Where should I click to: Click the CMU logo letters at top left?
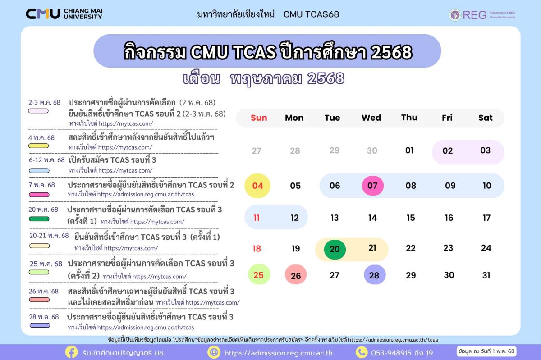coord(43,14)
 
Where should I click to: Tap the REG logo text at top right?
coord(475,15)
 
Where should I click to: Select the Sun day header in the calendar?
coord(259,118)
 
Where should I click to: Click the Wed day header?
coord(371,118)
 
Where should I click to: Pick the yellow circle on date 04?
coord(257,186)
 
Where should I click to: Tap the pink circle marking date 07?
coord(373,186)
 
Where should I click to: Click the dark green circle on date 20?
coord(335,249)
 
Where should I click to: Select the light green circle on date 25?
coord(259,274)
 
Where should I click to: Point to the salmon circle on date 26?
coord(296,275)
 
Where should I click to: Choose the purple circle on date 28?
coord(375,275)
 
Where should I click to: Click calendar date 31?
coord(486,275)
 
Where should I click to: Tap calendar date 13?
coord(335,218)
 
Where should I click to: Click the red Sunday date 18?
coord(257,248)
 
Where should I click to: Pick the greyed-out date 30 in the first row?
coord(372,150)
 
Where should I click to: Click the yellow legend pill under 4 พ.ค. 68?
coord(39,146)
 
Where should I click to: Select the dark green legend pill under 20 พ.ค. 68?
coord(39,219)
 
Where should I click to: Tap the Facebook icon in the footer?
coord(71,352)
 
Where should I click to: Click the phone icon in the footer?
coord(362,352)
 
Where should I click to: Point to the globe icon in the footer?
coord(214,352)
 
